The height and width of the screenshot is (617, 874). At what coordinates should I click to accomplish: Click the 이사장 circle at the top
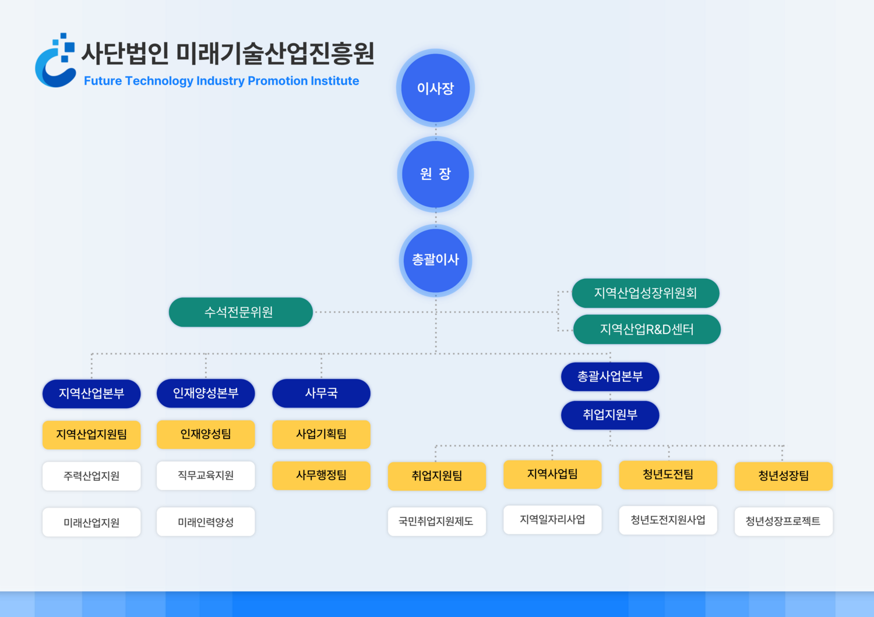point(435,88)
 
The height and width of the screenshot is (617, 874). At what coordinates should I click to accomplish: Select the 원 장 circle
point(435,174)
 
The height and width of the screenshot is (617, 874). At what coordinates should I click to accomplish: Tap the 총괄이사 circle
point(435,260)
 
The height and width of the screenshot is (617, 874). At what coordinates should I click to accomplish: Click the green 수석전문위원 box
point(241,312)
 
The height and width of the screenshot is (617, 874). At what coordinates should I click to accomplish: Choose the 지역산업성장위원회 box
point(646,293)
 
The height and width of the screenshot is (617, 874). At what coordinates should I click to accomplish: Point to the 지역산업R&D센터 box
point(647,329)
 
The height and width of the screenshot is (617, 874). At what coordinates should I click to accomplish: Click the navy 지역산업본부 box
point(91,393)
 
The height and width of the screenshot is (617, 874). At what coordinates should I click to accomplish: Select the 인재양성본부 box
point(206,393)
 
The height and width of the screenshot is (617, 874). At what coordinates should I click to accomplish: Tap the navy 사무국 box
point(321,393)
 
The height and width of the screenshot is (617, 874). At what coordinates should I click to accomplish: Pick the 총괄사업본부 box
point(610,377)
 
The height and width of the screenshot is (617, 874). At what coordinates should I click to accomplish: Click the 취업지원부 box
point(610,415)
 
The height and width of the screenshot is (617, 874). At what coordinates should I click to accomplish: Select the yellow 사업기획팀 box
point(321,434)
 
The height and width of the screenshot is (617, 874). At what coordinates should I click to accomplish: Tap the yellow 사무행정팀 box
point(321,476)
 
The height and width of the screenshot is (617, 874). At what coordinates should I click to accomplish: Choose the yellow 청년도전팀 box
point(668,474)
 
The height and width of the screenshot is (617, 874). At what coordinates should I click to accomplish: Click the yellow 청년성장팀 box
point(783,476)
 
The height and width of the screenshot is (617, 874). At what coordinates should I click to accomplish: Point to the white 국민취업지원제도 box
point(436,522)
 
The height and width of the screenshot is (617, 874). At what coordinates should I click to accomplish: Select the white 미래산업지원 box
point(91,522)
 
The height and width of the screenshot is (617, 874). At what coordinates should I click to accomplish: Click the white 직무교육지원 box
point(206,476)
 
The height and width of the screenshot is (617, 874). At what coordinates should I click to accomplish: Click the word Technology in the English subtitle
point(159,81)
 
